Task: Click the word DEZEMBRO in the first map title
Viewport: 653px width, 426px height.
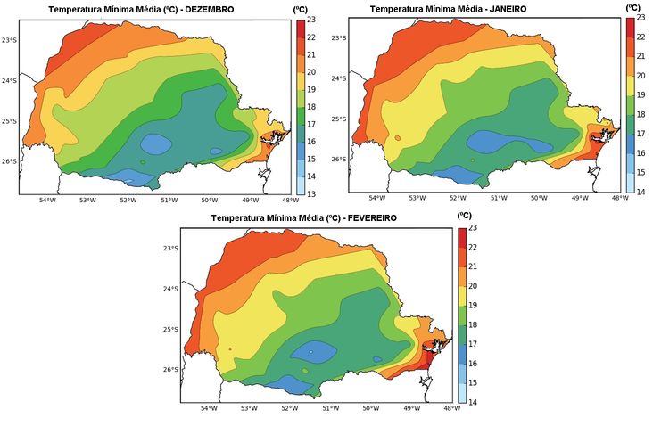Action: pyautogui.click(x=209, y=9)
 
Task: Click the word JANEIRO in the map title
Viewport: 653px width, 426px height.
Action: pyautogui.click(x=502, y=8)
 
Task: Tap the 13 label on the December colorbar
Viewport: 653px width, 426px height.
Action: pyautogui.click(x=310, y=193)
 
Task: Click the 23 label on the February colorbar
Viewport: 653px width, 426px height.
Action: pyautogui.click(x=473, y=228)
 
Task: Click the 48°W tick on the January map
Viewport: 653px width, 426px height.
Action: pyautogui.click(x=620, y=199)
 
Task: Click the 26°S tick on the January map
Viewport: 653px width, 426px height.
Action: pyautogui.click(x=340, y=160)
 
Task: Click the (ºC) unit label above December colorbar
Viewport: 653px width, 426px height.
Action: pyautogui.click(x=301, y=7)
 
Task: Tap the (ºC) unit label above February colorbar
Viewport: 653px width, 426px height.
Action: pyautogui.click(x=464, y=216)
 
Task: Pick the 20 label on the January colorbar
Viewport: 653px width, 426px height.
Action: pyautogui.click(x=641, y=76)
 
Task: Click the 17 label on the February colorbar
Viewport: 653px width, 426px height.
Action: pyautogui.click(x=473, y=344)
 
